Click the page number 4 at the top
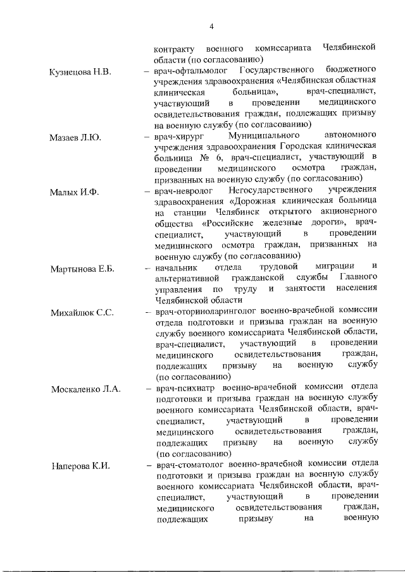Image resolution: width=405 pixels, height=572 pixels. pyautogui.click(x=211, y=25)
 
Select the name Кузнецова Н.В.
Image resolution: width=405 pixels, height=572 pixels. pyautogui.click(x=80, y=71)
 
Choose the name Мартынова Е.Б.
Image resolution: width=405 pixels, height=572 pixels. pyautogui.click(x=82, y=269)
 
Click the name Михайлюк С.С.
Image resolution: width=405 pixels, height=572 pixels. pyautogui.click(x=82, y=312)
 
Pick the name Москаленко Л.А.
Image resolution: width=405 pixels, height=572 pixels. pyautogui.click(x=85, y=388)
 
